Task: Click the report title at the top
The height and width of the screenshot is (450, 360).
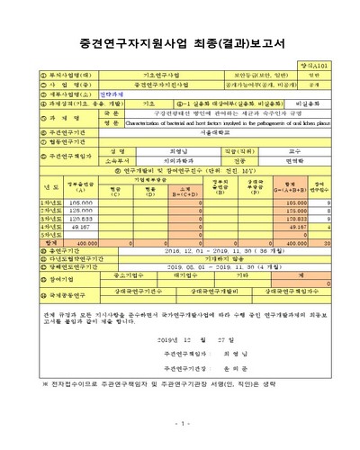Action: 180,40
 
